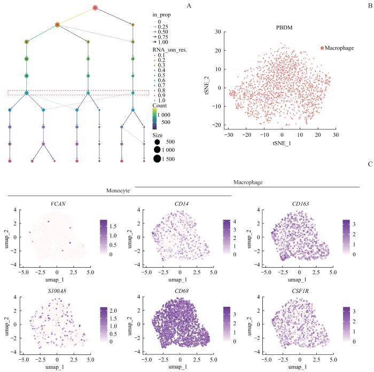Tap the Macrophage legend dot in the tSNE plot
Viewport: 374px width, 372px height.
(322, 48)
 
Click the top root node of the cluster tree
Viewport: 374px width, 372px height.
(95, 7)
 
